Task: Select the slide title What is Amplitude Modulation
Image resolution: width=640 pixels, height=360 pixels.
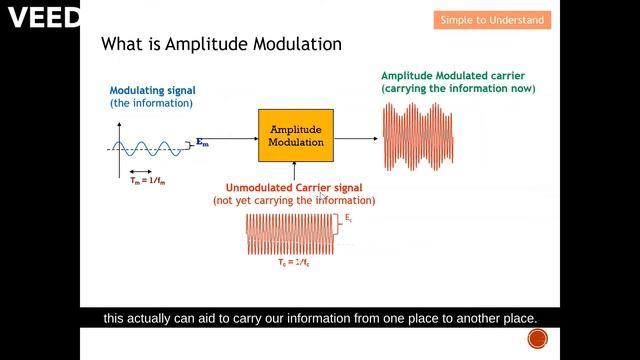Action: click(x=222, y=45)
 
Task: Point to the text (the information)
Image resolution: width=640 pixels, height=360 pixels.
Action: click(x=151, y=103)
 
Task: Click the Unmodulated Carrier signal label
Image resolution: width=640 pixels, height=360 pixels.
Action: click(x=293, y=188)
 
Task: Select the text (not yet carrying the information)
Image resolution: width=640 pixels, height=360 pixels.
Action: click(x=293, y=201)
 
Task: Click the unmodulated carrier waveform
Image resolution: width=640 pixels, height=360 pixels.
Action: click(x=290, y=234)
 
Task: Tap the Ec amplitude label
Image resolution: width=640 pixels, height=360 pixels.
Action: click(x=348, y=218)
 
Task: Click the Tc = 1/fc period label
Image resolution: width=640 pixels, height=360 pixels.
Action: click(x=293, y=262)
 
